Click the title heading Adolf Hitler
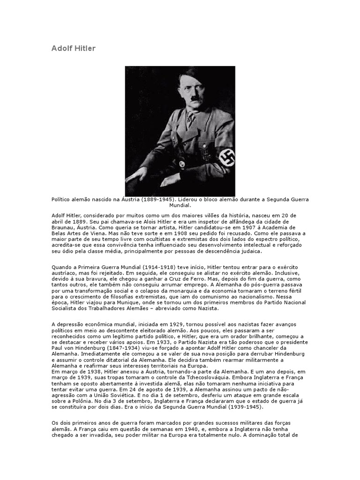point(73,49)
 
